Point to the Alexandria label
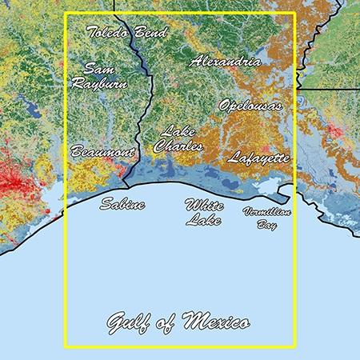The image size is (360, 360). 225,61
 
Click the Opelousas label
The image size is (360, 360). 250,105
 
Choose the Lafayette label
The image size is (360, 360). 258,158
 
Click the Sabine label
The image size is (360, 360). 122,205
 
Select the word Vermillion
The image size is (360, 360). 266,211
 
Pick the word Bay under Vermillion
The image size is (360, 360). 267,226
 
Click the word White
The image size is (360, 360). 204,205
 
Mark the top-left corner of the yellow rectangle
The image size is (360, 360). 65,13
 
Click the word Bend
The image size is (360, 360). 151,33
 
